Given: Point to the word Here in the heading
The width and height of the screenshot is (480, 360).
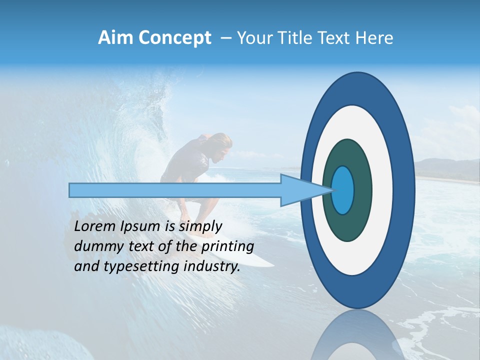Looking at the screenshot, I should pyautogui.click(x=374, y=38).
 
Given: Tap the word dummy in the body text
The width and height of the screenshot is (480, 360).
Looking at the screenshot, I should pyautogui.click(x=96, y=246).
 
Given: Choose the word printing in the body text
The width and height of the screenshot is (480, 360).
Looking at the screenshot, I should pyautogui.click(x=227, y=247).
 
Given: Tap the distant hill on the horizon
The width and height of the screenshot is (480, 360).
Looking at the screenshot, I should pyautogui.click(x=445, y=167).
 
